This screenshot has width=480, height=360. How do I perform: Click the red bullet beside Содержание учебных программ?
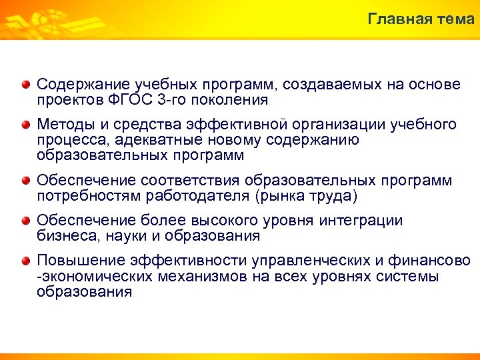pos(25,85)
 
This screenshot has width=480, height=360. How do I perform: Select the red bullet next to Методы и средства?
pos(25,125)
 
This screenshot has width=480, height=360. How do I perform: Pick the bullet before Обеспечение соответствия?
pos(25,181)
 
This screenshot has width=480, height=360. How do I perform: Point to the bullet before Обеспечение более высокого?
pos(25,221)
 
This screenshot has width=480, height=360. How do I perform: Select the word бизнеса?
pos(65,236)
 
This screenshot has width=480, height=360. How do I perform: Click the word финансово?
pos(434,261)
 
